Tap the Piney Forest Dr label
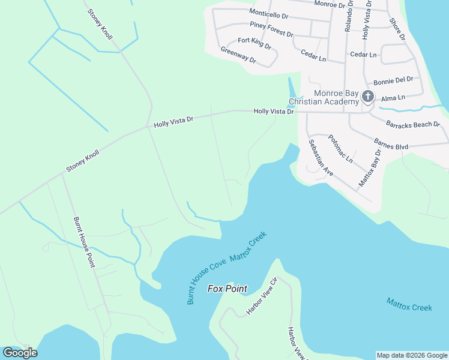271,29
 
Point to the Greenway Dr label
238,55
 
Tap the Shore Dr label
397,29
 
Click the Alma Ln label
393,97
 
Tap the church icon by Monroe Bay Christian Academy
367,97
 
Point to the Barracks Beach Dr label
412,125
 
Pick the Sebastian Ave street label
321,157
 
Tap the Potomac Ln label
340,149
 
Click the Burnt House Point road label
84,242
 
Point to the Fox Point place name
228,289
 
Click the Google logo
20,352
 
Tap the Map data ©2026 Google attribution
411,355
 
